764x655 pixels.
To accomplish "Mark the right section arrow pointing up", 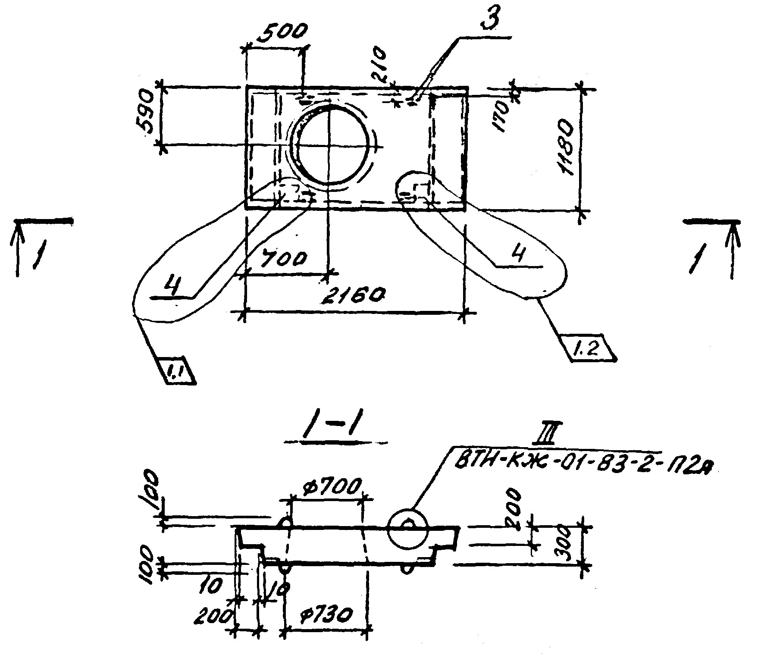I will tap(733, 250).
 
